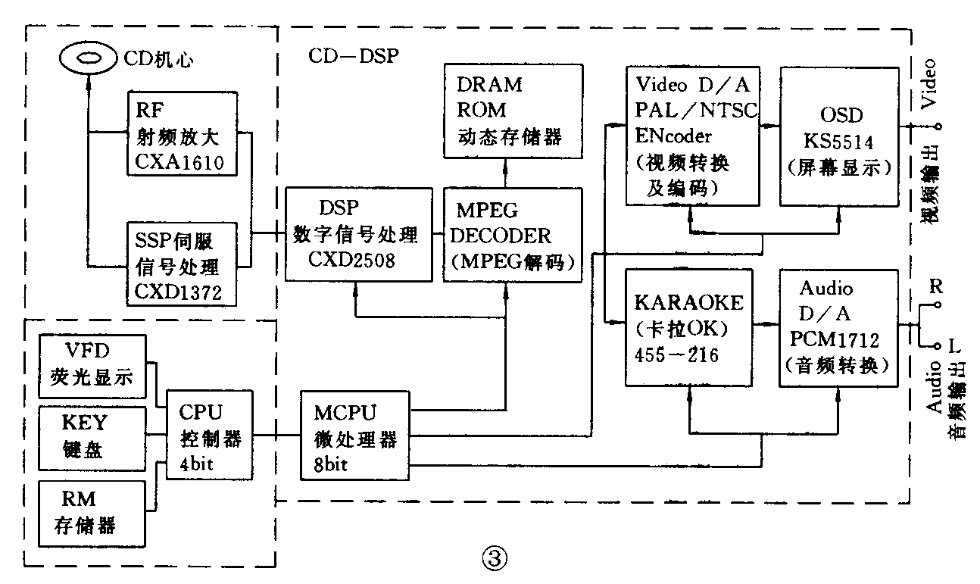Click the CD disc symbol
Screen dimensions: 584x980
(89, 58)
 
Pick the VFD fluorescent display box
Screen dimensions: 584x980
(92, 367)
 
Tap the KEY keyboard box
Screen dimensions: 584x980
(91, 436)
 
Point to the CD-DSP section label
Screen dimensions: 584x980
(353, 57)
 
